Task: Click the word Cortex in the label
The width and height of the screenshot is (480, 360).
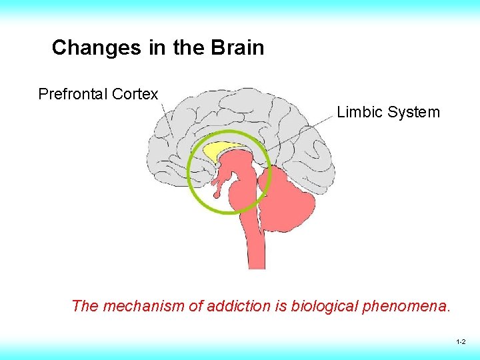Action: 135,94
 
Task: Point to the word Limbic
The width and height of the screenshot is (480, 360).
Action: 359,112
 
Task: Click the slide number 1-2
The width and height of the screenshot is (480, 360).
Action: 461,341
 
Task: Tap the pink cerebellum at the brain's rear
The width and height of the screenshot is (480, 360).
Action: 293,200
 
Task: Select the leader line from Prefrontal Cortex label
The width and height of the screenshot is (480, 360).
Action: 167,120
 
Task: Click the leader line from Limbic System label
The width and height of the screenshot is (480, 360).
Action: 300,132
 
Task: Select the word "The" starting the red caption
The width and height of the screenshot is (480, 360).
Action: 85,306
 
